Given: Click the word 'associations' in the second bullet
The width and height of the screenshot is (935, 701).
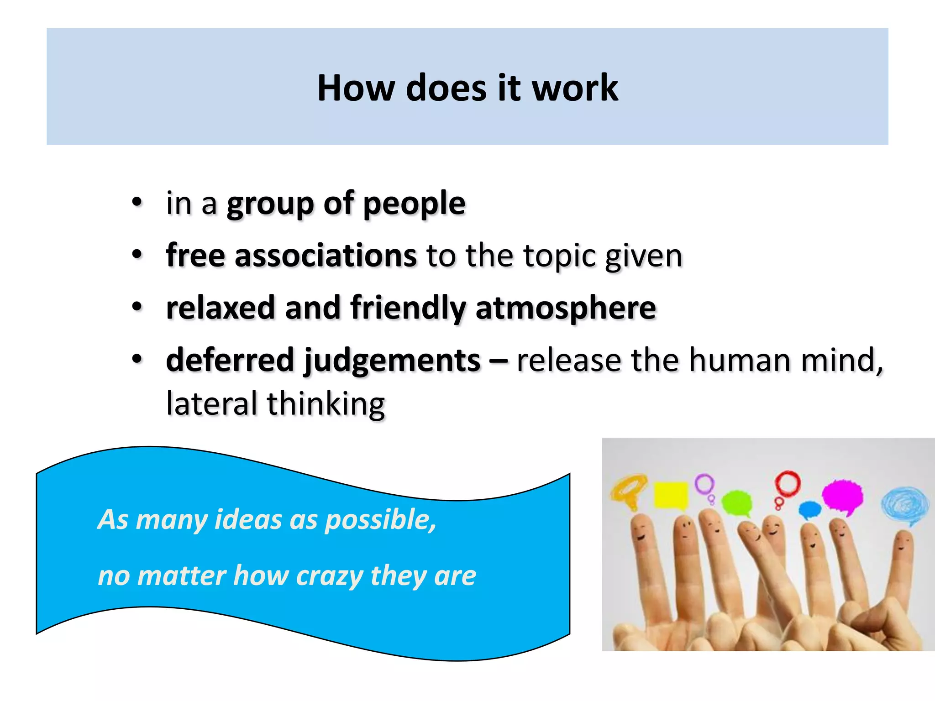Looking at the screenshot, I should click(325, 256).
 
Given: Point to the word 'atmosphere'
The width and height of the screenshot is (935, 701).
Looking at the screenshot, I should click(565, 308).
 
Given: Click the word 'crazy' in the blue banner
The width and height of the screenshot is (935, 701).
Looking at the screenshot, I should click(329, 575).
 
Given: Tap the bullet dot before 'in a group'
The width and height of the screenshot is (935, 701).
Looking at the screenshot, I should click(137, 203).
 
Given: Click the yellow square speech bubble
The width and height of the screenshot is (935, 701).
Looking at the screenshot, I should click(671, 496).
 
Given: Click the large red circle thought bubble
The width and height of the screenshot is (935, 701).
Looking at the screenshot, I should click(788, 483).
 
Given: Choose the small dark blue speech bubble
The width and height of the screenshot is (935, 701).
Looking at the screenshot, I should click(810, 509).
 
